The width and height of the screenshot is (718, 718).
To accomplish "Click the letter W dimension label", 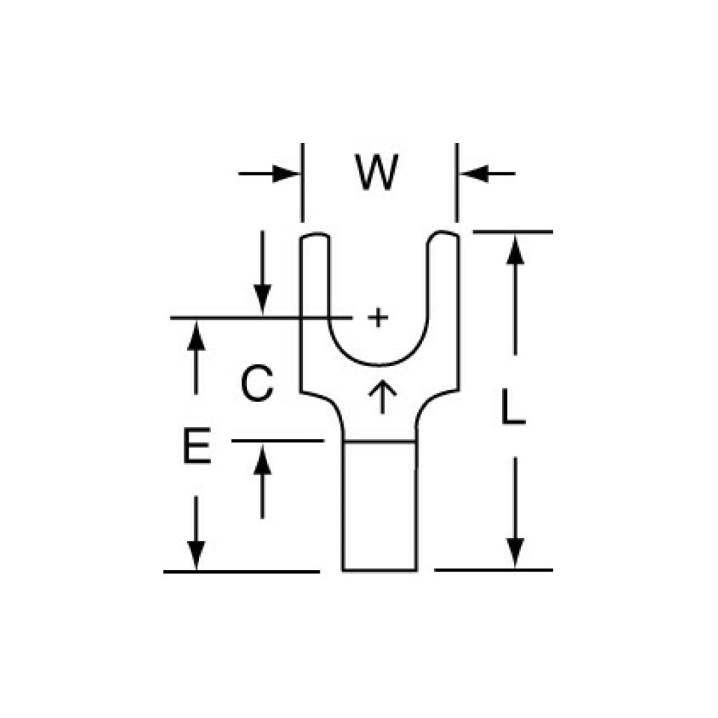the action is tap(377, 172).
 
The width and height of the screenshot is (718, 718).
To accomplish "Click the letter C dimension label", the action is tap(257, 384).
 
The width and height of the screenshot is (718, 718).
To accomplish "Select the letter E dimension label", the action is tap(197, 445).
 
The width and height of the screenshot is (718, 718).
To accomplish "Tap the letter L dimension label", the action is tap(513, 406).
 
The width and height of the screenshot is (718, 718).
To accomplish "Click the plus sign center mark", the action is tap(378, 318).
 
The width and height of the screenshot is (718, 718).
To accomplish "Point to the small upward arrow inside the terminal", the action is tap(383, 397).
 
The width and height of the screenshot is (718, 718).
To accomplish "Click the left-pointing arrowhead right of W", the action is tap(473, 174).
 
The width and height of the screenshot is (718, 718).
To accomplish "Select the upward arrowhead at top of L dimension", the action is tap(515, 250).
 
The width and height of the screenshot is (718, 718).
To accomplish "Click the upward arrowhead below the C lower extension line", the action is tap(262, 459).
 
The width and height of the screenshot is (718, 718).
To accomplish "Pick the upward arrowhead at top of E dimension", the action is tap(196, 335).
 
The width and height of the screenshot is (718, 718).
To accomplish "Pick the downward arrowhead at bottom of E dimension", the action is tap(196, 556).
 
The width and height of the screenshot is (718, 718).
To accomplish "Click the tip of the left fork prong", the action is tap(315, 234).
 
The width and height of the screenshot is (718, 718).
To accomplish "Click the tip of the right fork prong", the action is tap(443, 233).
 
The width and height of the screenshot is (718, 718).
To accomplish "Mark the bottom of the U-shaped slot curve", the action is tap(379, 365).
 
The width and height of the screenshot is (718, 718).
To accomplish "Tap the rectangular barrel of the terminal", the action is tap(379, 506).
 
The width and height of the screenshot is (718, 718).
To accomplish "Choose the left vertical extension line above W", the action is tap(302, 183).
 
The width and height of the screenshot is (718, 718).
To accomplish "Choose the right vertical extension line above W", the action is tap(456, 183).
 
